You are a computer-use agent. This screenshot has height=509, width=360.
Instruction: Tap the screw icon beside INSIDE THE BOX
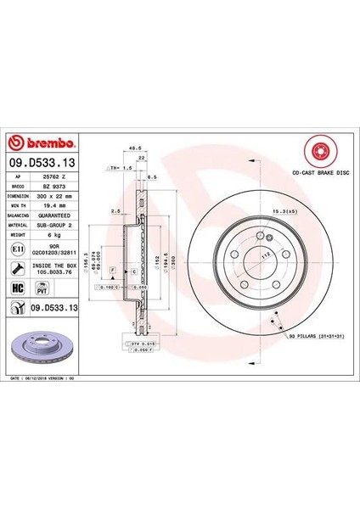(x=18, y=268)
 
